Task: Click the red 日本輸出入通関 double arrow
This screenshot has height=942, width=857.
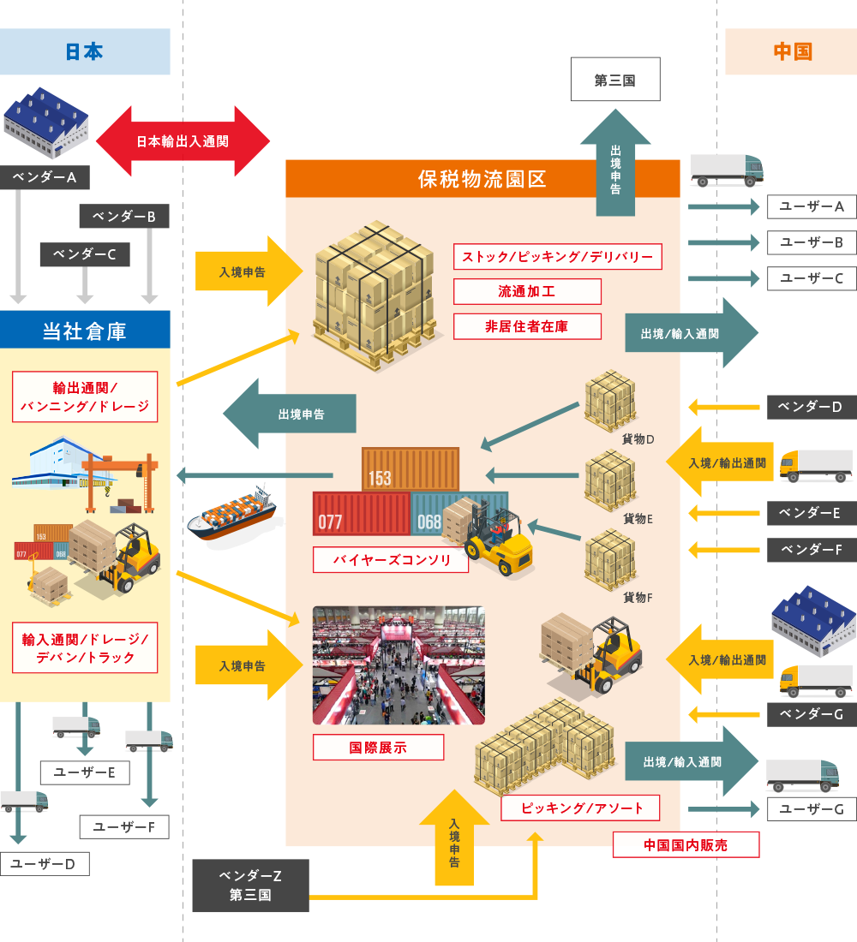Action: click(x=183, y=142)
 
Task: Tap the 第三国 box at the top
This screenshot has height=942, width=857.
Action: click(x=614, y=80)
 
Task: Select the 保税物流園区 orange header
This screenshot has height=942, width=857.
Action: click(x=482, y=179)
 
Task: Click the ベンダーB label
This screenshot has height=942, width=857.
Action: click(x=123, y=217)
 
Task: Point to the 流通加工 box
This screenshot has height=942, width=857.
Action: click(x=526, y=291)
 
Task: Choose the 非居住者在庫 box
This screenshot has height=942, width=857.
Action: click(x=526, y=326)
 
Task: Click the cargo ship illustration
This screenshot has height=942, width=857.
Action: click(x=231, y=511)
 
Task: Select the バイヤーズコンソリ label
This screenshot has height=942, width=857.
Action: click(x=390, y=560)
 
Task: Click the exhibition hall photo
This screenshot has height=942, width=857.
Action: click(x=399, y=665)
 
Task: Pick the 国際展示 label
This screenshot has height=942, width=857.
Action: click(x=378, y=747)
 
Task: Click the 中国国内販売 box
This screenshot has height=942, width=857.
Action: click(x=686, y=844)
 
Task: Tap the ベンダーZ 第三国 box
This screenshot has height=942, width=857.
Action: click(x=250, y=885)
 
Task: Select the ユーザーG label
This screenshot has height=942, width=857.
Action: click(x=810, y=808)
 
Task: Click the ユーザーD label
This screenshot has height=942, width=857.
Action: click(x=45, y=864)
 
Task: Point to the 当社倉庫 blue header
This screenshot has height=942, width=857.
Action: click(x=85, y=330)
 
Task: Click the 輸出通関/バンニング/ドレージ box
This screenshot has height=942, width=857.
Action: click(x=85, y=396)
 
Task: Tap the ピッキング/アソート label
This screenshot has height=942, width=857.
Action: click(x=580, y=808)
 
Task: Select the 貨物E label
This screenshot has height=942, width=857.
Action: click(x=638, y=518)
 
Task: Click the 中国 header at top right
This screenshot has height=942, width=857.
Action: click(x=791, y=51)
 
